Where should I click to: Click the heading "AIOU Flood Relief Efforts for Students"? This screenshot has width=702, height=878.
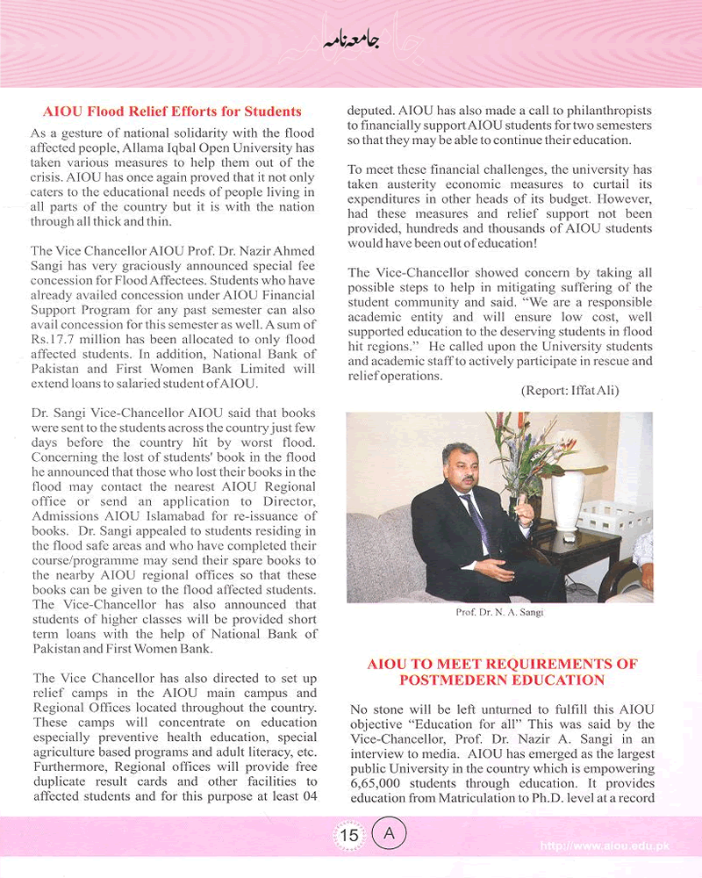pos(172,112)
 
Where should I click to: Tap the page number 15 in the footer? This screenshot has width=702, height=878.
pos(349,835)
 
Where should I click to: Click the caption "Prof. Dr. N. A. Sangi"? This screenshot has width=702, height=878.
pos(499,613)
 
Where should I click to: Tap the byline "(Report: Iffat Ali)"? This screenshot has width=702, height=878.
pos(569,391)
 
